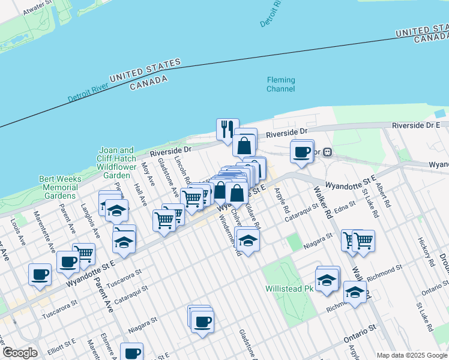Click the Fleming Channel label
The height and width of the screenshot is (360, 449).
281,85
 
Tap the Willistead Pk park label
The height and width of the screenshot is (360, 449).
290,289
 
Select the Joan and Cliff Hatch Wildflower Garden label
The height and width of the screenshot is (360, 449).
116,163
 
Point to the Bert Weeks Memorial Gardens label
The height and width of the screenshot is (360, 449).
58,187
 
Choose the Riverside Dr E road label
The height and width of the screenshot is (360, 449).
416,125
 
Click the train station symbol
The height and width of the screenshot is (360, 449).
328,152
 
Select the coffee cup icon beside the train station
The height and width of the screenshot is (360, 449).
302,152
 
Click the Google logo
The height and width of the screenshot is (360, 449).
20,353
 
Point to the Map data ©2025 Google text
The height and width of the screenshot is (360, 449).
412,355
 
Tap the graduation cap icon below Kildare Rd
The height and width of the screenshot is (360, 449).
247,239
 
